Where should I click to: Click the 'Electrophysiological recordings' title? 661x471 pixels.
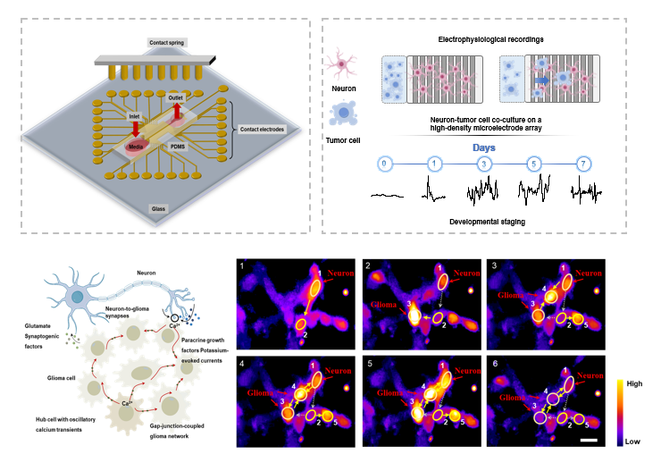[x=485, y=41]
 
